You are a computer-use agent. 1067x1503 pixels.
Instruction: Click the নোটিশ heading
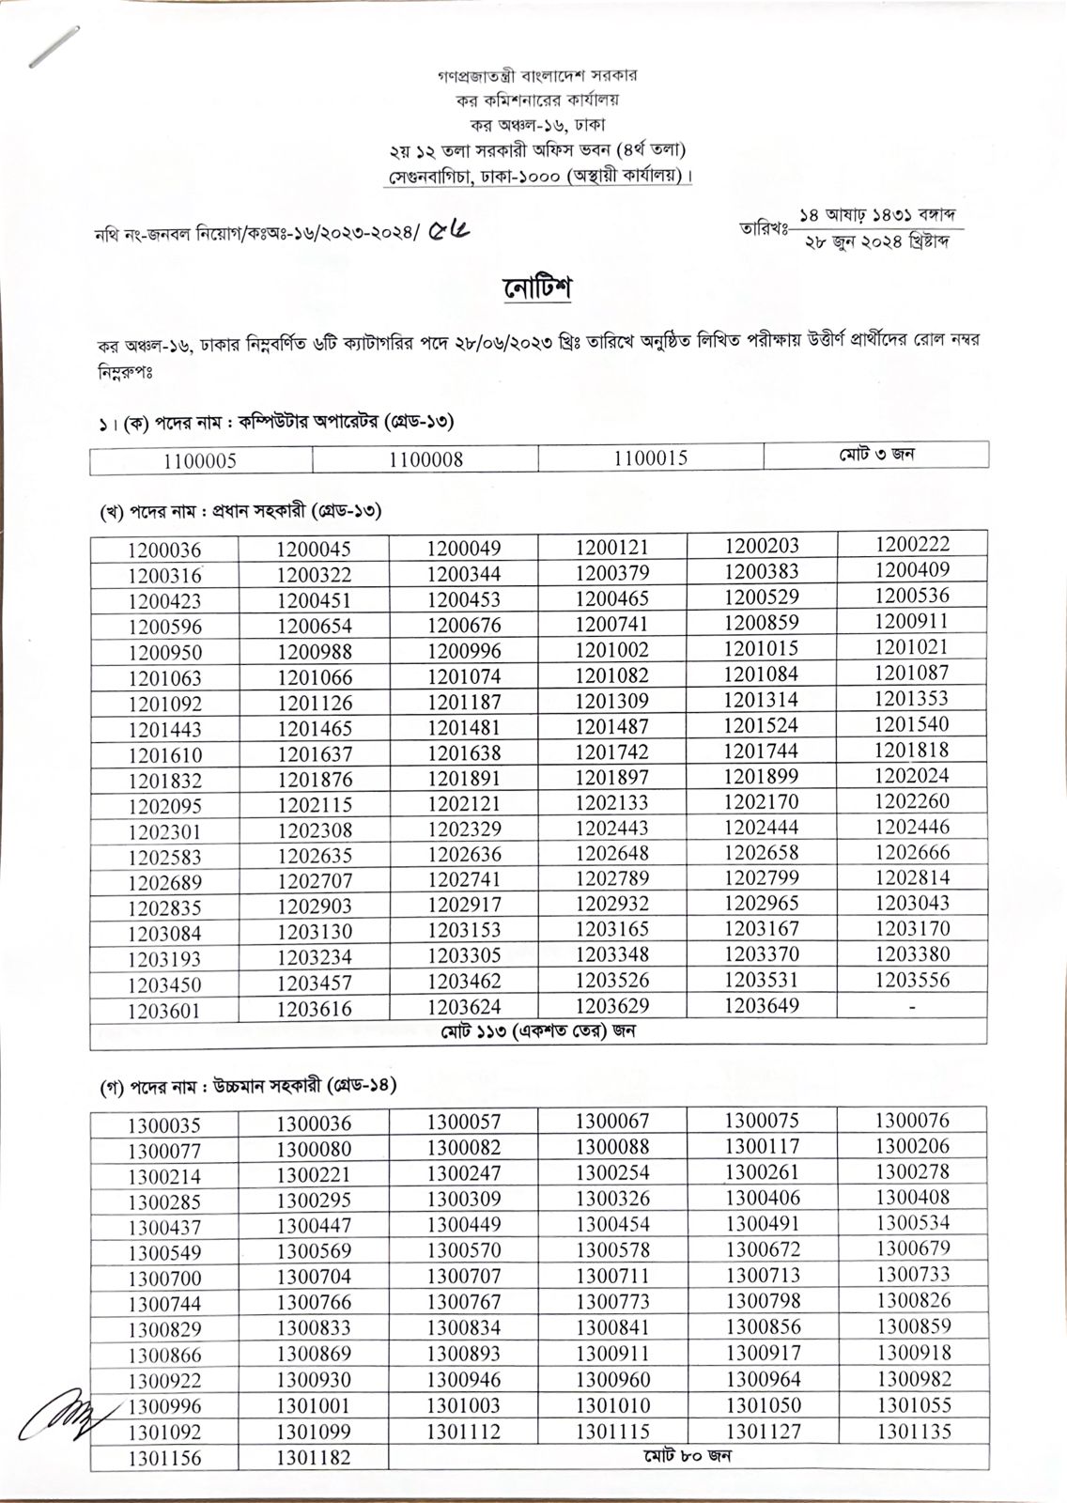pos(537,287)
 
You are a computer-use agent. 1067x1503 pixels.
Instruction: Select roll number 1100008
pos(425,459)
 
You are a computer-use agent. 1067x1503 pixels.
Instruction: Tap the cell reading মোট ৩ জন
pos(876,455)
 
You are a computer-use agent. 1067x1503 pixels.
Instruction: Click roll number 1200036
pos(164,550)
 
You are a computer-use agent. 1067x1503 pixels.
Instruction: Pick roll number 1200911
pos(912,621)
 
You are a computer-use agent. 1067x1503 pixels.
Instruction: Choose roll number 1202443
pos(612,829)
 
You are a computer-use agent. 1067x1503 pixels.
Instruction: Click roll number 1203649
pos(762,1005)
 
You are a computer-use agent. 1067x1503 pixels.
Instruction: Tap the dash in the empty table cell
pos(912,1006)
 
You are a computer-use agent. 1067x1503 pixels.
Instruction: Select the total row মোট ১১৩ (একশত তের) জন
pos(539,1031)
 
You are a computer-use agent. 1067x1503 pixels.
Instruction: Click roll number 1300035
pos(164,1125)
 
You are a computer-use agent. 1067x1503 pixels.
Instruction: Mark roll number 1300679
pos(913,1248)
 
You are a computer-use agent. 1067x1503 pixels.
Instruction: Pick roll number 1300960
pos(612,1379)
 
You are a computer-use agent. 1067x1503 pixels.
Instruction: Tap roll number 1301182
pos(314,1458)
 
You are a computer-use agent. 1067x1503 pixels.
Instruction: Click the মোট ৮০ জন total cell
pos(688,1456)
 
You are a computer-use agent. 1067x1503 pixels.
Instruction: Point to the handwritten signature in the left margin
pos(58,1413)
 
